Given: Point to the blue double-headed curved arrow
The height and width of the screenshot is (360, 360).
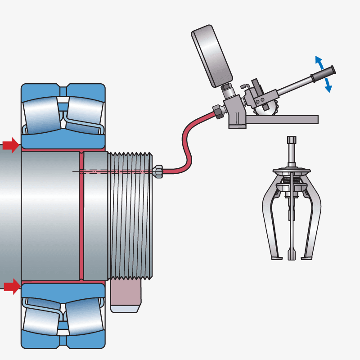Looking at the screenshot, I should point(324,74).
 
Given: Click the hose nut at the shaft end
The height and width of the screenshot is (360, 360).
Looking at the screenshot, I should point(157,171).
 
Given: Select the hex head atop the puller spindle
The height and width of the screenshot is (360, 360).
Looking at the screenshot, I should point(292,140).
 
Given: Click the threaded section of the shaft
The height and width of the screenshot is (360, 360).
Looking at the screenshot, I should point(130,216).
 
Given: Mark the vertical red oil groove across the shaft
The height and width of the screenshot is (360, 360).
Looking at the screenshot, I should point(81,216).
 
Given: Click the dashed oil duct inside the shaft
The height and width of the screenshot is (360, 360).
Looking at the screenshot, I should point(112,171).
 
